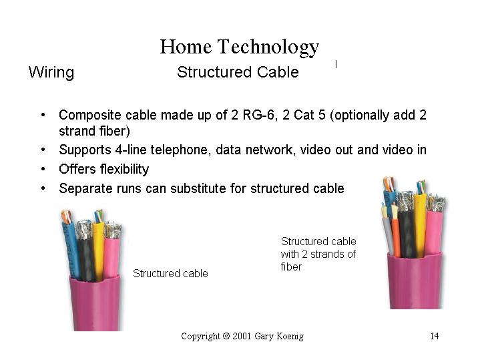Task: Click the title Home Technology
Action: [x=240, y=47]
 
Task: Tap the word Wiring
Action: [x=51, y=73]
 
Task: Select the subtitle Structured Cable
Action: [x=238, y=72]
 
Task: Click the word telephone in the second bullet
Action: [x=181, y=150]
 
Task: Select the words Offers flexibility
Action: [x=103, y=169]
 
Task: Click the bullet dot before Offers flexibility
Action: [x=43, y=169]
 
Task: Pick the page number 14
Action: [x=435, y=336]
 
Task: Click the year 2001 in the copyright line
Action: [x=242, y=336]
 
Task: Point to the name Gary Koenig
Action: [x=279, y=337]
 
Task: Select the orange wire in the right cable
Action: [x=396, y=236]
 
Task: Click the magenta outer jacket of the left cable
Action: [x=95, y=303]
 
